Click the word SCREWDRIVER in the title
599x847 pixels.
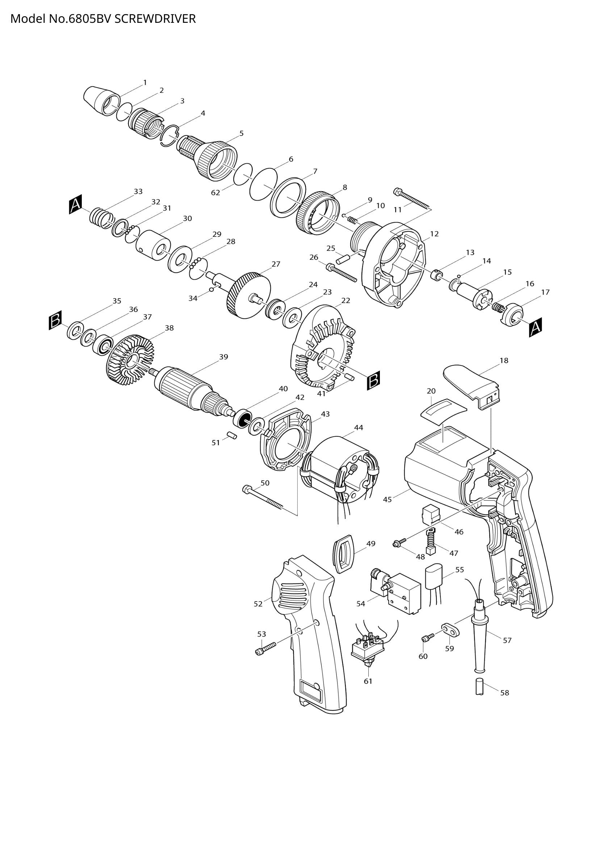tap(155, 19)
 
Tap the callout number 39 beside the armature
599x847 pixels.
tap(223, 357)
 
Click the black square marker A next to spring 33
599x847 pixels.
tap(75, 205)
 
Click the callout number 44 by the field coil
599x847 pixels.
tap(359, 428)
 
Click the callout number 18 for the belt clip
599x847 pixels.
tap(504, 360)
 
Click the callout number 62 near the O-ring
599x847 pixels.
tap(216, 193)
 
